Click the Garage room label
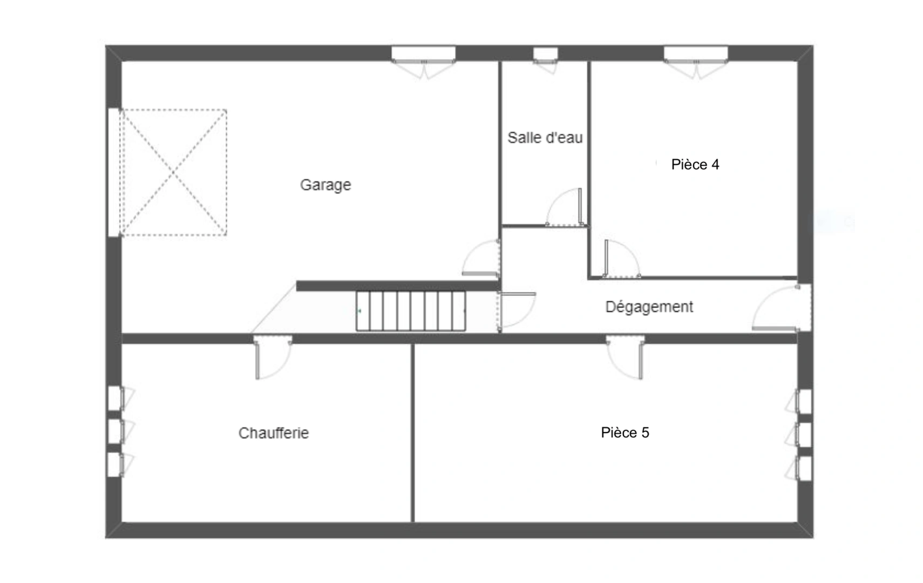click(325, 185)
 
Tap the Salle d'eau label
click(545, 138)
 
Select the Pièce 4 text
click(695, 165)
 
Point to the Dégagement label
click(649, 307)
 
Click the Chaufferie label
click(274, 433)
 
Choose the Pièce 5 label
click(625, 433)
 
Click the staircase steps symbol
click(410, 311)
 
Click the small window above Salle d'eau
click(545, 54)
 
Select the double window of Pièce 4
click(695, 54)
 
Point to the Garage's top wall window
click(423, 54)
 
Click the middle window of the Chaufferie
click(114, 431)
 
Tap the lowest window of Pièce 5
click(804, 468)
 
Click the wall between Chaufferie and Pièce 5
click(413, 432)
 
